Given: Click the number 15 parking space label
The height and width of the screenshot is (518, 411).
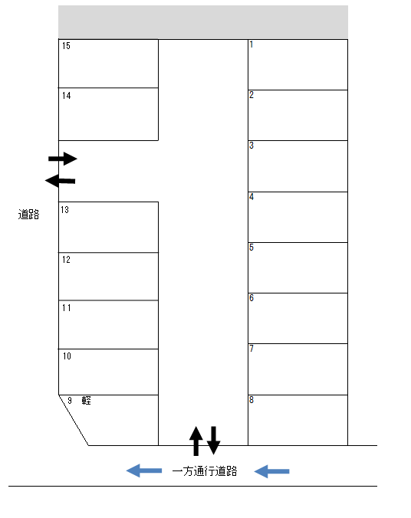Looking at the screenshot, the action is click(66, 46).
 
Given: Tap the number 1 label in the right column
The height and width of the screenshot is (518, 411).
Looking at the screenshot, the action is click(252, 44).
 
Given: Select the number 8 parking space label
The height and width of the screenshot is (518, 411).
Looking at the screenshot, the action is click(252, 400).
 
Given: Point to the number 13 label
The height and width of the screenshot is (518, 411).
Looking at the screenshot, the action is click(65, 210).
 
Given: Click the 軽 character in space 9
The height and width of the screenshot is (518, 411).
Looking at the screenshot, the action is click(87, 401).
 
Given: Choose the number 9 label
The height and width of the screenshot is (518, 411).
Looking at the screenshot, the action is click(70, 401).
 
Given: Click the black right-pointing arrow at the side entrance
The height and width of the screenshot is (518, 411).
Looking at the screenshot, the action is click(63, 159).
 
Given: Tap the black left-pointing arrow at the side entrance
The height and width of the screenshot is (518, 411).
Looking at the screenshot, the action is click(60, 181).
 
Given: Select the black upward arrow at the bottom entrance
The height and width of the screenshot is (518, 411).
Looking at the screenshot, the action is click(196, 441).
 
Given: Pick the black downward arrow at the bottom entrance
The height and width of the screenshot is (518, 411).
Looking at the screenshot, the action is click(214, 441).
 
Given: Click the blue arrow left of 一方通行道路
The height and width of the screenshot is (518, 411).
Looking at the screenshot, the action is click(144, 470).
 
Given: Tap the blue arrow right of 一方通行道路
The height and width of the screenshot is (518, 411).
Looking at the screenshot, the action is click(271, 471).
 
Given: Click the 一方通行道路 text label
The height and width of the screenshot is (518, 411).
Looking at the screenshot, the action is click(205, 471).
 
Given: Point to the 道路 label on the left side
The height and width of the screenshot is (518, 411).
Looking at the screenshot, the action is click(29, 215).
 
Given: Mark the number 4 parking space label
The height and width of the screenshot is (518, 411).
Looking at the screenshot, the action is click(252, 197).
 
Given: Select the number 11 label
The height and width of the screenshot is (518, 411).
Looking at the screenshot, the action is click(67, 308).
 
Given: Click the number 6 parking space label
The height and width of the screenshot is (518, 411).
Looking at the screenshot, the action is click(252, 298).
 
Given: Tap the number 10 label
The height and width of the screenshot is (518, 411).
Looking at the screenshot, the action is click(67, 356).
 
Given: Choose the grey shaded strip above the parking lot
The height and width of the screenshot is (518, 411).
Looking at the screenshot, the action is click(203, 21).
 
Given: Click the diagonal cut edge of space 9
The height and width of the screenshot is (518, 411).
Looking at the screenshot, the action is click(74, 420).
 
